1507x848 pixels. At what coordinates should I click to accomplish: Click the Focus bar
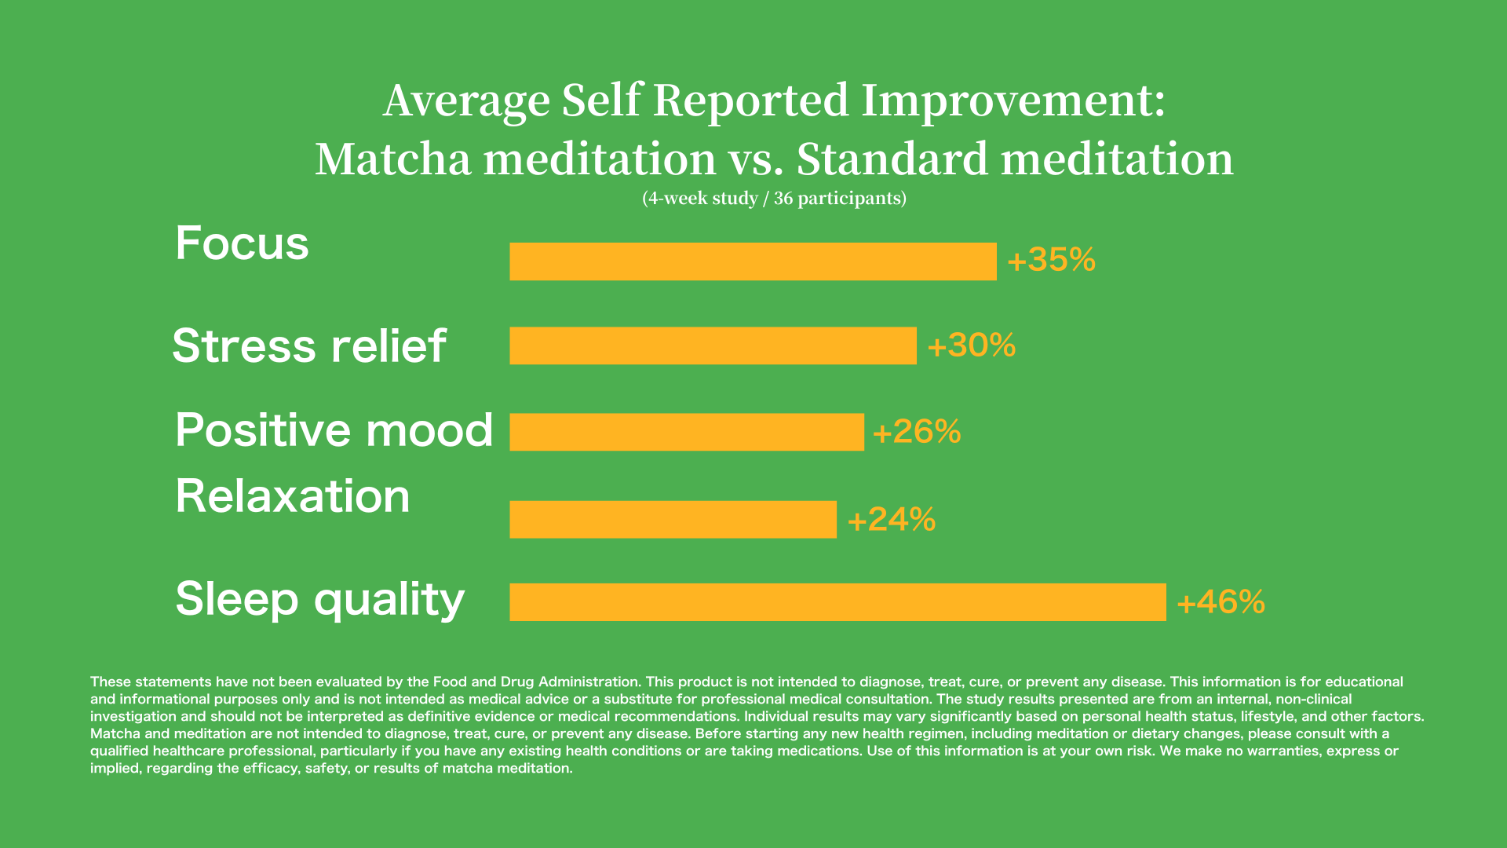tap(753, 261)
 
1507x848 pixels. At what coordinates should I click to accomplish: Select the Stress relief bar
tap(713, 345)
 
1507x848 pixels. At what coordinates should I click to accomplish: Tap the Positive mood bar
tap(687, 432)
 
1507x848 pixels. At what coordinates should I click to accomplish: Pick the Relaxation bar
tap(673, 519)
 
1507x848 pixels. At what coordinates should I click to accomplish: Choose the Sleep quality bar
tap(837, 602)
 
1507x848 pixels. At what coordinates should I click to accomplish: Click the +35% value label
tap(1051, 260)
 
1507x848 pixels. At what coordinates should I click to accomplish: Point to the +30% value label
tap(972, 345)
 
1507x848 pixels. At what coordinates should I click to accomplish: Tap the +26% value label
tap(917, 432)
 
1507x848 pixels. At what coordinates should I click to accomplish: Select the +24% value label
tap(892, 519)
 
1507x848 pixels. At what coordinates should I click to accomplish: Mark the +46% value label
tap(1221, 602)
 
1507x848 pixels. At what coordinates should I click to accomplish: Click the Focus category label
tap(242, 243)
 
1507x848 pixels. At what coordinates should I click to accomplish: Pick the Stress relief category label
tap(309, 345)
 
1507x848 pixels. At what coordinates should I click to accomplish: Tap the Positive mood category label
tap(334, 430)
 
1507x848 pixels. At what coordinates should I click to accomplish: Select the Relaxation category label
tap(292, 496)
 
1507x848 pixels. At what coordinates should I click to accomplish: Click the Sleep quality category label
tap(319, 599)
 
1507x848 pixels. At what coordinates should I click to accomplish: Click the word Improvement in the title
tap(1013, 101)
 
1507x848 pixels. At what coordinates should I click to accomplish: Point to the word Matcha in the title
tap(393, 159)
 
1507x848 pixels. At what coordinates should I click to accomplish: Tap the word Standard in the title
tap(892, 159)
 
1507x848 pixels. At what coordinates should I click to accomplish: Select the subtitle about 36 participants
tap(774, 198)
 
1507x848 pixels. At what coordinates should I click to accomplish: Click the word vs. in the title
tap(756, 159)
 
